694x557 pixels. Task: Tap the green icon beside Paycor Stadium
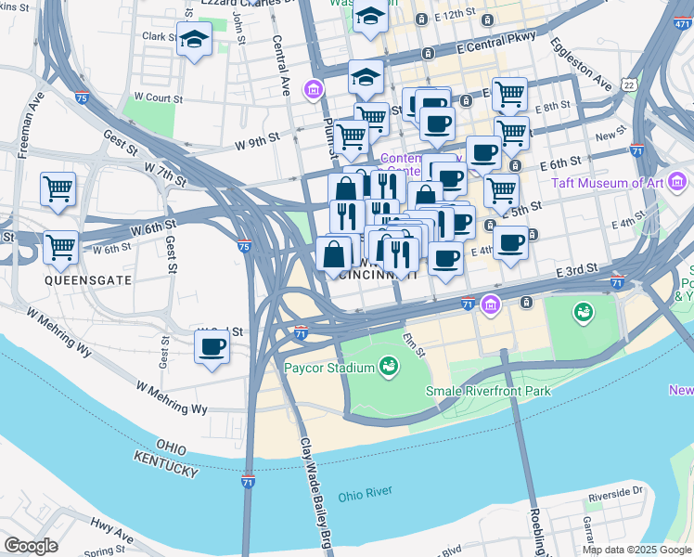tap(390, 369)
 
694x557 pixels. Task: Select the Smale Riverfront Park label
tap(488, 391)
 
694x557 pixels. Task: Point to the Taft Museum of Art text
tap(608, 183)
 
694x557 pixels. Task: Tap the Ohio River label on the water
tap(365, 492)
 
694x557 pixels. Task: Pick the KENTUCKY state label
tap(166, 465)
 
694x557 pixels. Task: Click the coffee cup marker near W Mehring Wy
tap(212, 348)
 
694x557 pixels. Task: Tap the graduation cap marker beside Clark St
tap(194, 40)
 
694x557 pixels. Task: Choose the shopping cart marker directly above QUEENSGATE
tap(60, 248)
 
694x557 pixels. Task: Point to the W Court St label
tap(160, 96)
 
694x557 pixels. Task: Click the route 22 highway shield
tap(630, 85)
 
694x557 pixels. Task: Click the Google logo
tap(31, 546)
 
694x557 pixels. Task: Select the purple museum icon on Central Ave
tap(314, 90)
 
